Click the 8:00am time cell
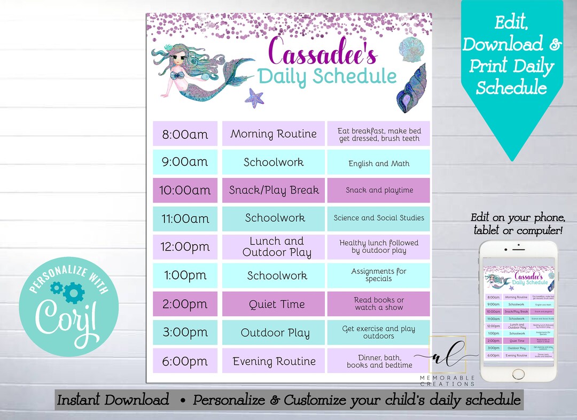(185, 134)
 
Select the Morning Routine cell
(274, 134)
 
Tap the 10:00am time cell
(185, 190)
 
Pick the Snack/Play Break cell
(274, 190)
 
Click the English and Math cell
(379, 162)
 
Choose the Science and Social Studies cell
(379, 218)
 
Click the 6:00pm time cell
(185, 361)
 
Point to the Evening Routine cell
(274, 361)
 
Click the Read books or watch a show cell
(379, 304)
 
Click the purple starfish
(254, 98)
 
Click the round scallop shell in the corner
(411, 51)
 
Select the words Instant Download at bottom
(113, 400)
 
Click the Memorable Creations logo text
(447, 380)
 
